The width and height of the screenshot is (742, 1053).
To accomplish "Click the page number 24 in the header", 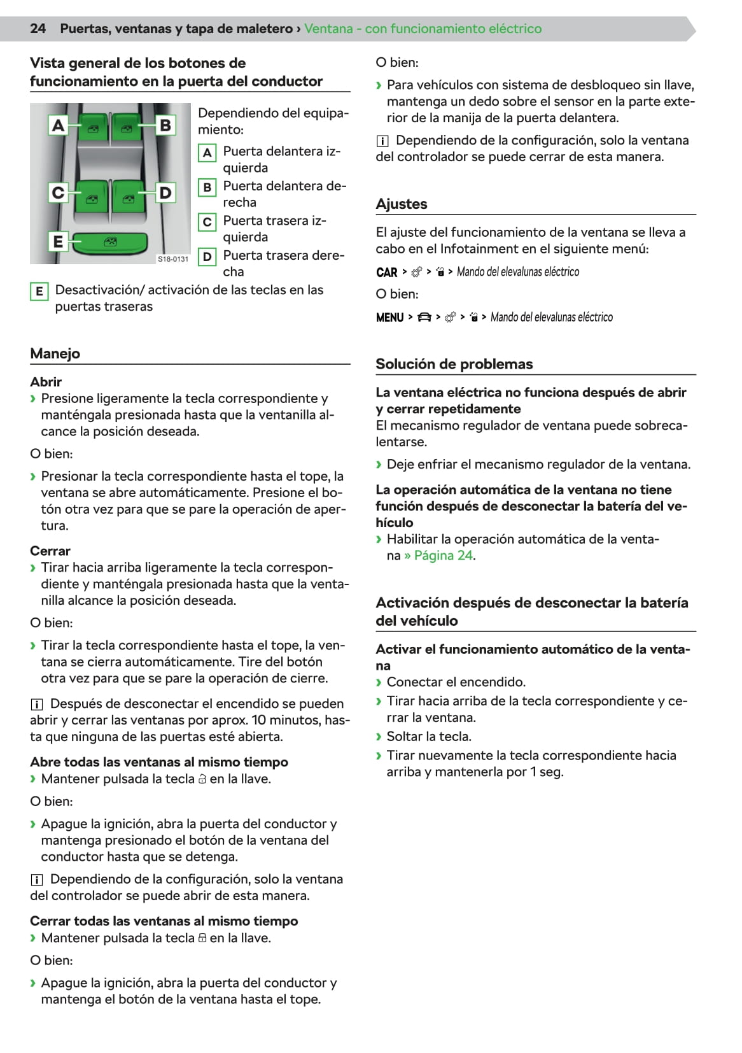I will tap(38, 29).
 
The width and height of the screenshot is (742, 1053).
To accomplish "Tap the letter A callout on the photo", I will tap(58, 125).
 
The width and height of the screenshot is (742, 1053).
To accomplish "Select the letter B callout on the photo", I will tap(165, 125).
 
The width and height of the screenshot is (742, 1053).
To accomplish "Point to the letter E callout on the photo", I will tap(58, 242).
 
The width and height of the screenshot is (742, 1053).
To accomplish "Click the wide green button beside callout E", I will tap(109, 242).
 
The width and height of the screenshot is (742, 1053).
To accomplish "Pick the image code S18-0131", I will tap(173, 259).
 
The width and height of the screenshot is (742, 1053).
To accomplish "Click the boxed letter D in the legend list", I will tap(207, 257).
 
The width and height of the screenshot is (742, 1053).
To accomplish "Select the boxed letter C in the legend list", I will tap(207, 222).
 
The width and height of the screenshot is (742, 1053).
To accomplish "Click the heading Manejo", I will tap(55, 353).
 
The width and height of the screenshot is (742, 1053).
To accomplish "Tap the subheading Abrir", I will tap(46, 382).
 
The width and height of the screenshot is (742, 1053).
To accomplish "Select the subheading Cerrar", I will tap(50, 551).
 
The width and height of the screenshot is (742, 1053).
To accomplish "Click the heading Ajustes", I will tap(402, 204).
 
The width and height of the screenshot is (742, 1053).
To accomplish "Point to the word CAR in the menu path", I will tap(387, 272).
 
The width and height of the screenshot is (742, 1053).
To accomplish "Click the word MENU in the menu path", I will tap(390, 317).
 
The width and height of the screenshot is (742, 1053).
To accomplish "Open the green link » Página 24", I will tap(439, 555).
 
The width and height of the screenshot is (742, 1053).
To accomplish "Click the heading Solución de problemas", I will tap(454, 364).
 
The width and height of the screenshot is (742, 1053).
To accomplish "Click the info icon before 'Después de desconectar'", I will tap(37, 704).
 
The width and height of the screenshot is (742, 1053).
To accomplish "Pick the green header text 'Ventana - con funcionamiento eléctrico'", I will tap(423, 29).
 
